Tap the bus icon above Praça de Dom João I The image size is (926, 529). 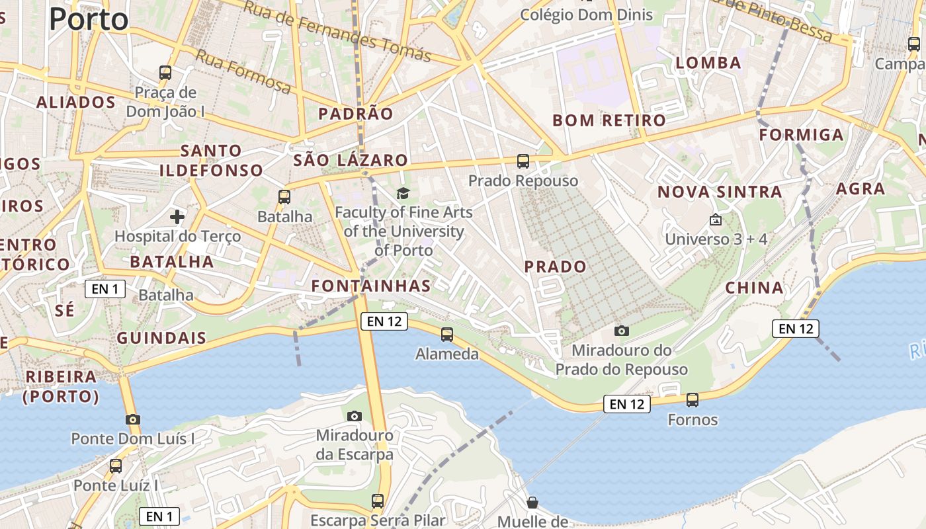click(x=165, y=73)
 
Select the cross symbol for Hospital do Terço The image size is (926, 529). click(x=177, y=216)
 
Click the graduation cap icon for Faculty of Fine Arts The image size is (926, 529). click(x=403, y=193)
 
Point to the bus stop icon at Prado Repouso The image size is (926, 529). click(x=523, y=161)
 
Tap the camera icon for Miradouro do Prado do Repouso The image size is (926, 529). click(x=621, y=331)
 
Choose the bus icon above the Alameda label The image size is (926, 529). click(x=447, y=335)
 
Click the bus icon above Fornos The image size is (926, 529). click(x=693, y=400)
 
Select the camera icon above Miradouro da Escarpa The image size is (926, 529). click(x=355, y=416)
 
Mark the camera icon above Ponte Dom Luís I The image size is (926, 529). click(x=133, y=419)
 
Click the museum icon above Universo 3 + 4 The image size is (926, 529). click(x=715, y=220)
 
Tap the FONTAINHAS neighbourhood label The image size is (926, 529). click(x=371, y=286)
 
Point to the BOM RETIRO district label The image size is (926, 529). click(x=609, y=120)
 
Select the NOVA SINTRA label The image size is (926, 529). click(x=720, y=192)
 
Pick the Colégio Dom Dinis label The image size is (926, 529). click(x=587, y=15)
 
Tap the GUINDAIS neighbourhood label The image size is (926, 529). click(x=161, y=338)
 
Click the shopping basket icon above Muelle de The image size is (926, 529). click(x=532, y=503)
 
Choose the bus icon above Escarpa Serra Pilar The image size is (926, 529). click(x=378, y=501)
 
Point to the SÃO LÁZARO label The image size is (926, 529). click(x=351, y=160)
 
